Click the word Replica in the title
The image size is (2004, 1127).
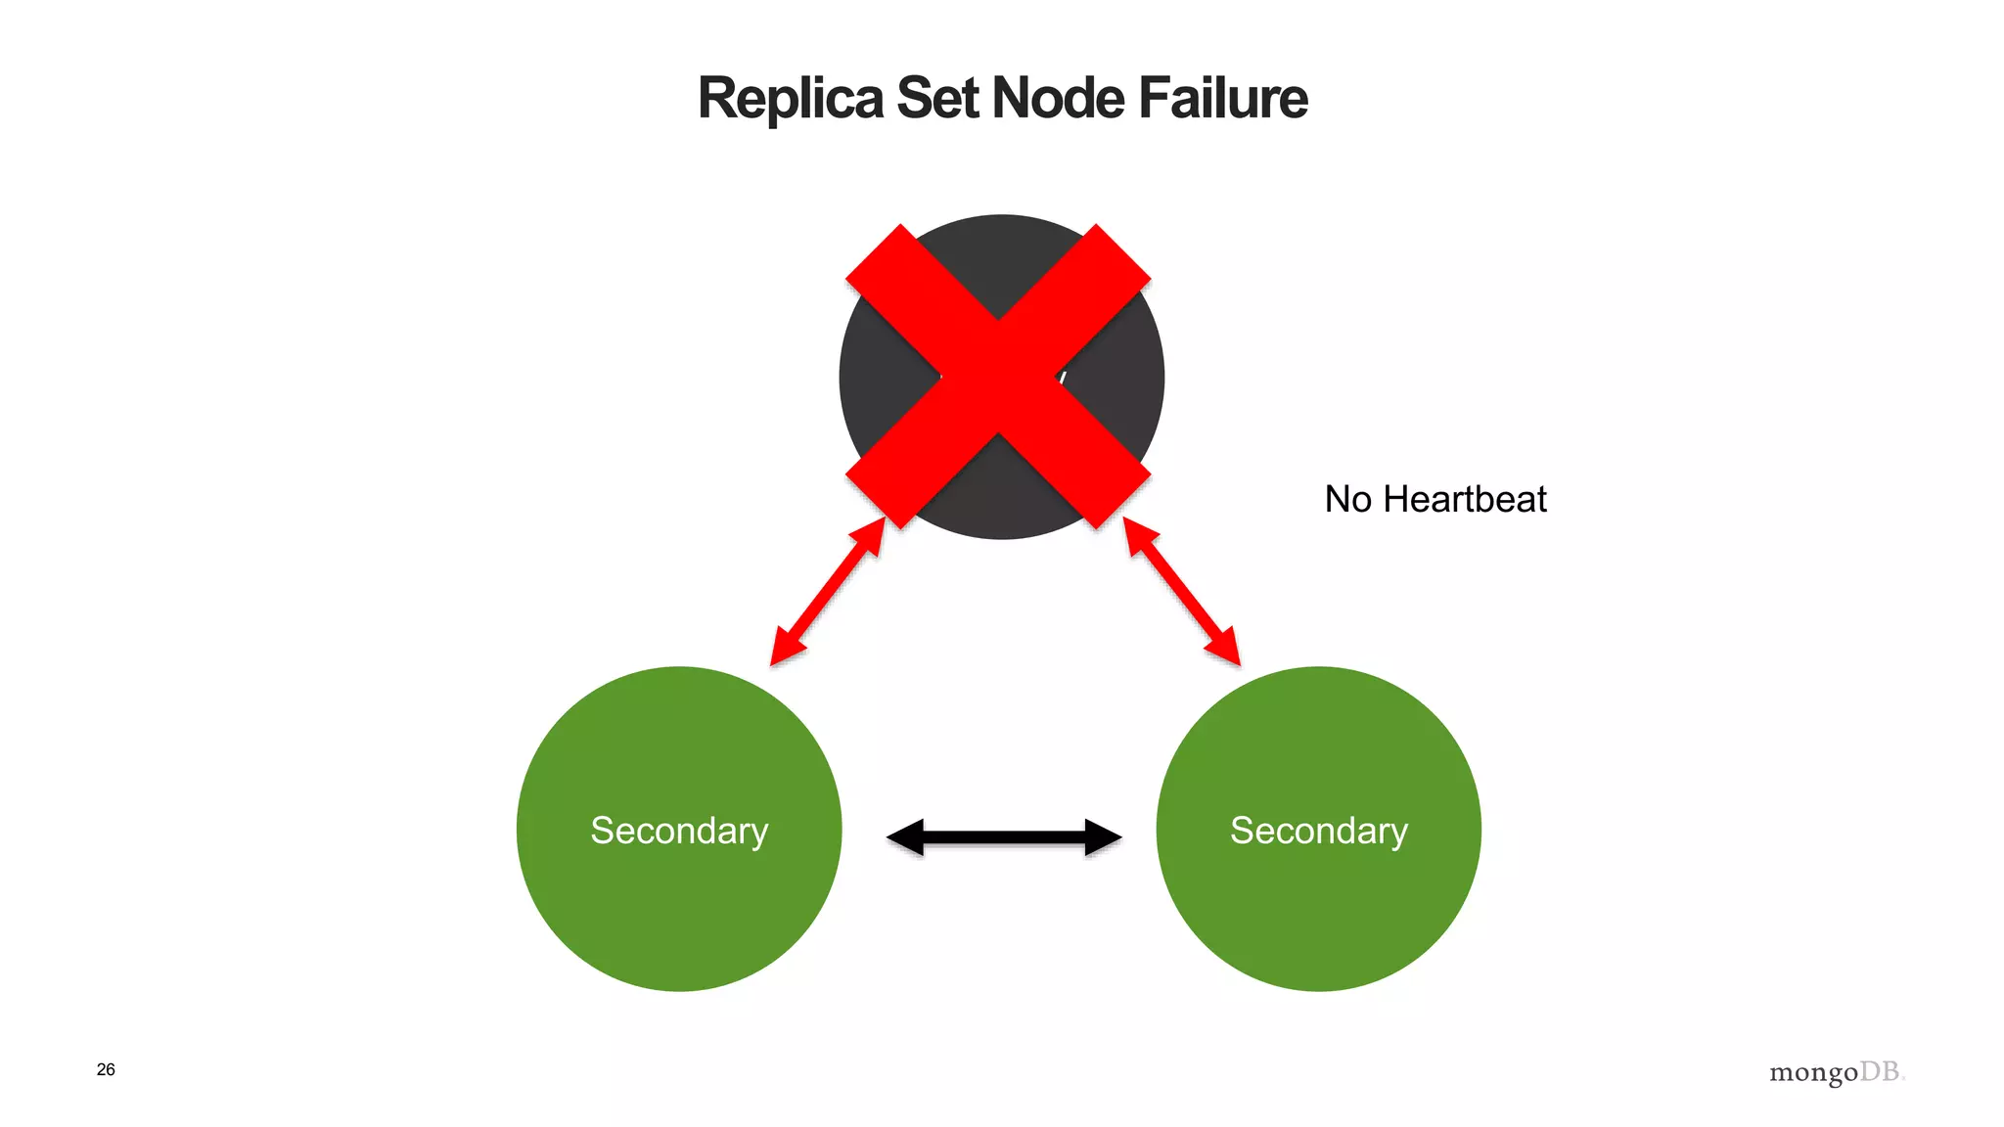[790, 99]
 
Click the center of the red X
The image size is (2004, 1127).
[999, 378]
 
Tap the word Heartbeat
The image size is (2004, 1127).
[1465, 500]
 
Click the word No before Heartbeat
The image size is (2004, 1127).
[1347, 500]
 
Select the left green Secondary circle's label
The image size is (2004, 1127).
[679, 831]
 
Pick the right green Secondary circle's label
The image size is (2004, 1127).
[1318, 831]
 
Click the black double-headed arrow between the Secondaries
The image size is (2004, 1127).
[1003, 837]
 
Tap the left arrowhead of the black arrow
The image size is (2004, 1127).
[905, 837]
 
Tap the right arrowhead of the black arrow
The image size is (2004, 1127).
[1103, 837]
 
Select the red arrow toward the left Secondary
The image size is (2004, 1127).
[828, 592]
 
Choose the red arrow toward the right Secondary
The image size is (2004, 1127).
[1182, 592]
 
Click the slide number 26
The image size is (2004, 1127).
[106, 1069]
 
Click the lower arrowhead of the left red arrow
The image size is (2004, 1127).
[786, 648]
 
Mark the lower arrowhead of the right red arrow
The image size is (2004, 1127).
[1224, 648]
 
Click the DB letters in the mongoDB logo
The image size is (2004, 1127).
[1881, 1071]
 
